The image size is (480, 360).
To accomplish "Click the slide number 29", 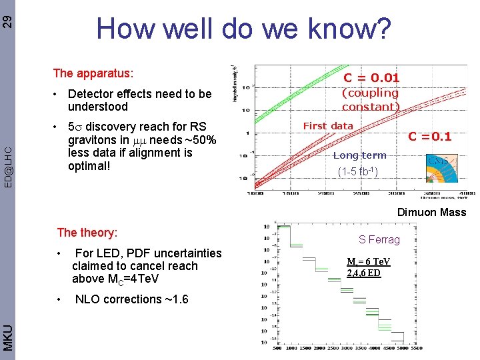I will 7,20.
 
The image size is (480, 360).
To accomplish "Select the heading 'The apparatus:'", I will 93,72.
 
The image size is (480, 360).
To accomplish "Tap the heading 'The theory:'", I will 87,233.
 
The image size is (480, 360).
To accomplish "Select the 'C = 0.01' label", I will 371,79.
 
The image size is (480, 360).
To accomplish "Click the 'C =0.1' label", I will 430,137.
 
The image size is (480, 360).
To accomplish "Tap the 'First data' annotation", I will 328,126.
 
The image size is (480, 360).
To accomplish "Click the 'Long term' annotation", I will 359,155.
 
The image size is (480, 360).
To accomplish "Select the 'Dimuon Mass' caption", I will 431,212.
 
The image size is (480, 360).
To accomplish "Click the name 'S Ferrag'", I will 379,239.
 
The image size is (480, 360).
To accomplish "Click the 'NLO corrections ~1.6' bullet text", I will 131,299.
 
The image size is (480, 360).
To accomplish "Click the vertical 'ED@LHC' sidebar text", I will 7,166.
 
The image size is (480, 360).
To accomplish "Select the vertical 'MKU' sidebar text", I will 7,337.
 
